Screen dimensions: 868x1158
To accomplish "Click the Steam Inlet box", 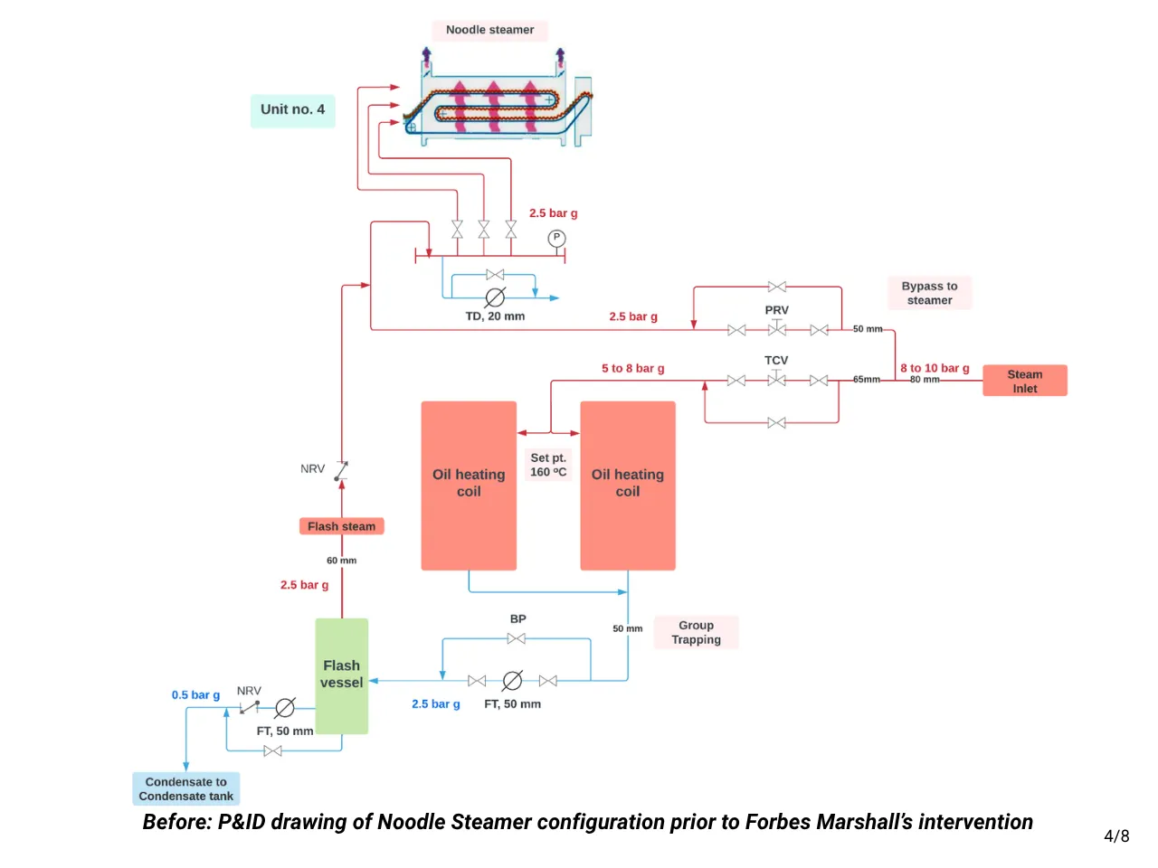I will point(1024,381).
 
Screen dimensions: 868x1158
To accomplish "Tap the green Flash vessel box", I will point(341,675).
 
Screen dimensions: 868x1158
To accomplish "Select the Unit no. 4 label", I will point(292,110).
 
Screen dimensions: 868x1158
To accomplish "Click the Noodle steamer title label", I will point(489,30).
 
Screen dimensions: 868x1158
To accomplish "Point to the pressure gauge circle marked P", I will point(556,238).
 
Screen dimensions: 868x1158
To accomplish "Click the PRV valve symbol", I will point(776,328).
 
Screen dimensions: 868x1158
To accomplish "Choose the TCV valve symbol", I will point(776,379).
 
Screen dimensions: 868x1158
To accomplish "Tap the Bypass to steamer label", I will point(929,293).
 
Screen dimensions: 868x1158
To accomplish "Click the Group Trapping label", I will point(696,632).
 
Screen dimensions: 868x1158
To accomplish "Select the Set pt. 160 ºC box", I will point(548,465).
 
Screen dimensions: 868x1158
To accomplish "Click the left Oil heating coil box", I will point(469,485).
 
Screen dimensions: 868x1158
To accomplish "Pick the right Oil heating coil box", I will point(628,485).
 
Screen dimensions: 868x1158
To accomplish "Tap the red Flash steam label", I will point(341,526).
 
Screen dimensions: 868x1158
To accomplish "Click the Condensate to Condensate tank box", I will point(185,788).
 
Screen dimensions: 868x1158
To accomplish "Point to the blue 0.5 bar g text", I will point(195,695).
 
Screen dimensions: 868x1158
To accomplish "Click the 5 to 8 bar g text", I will point(632,368).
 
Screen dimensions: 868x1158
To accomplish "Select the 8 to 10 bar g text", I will point(935,368).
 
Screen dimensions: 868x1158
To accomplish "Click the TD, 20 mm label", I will point(495,316).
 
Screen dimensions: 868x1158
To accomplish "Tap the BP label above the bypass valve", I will point(517,619).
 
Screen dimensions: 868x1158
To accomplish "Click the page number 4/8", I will point(1116,836).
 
